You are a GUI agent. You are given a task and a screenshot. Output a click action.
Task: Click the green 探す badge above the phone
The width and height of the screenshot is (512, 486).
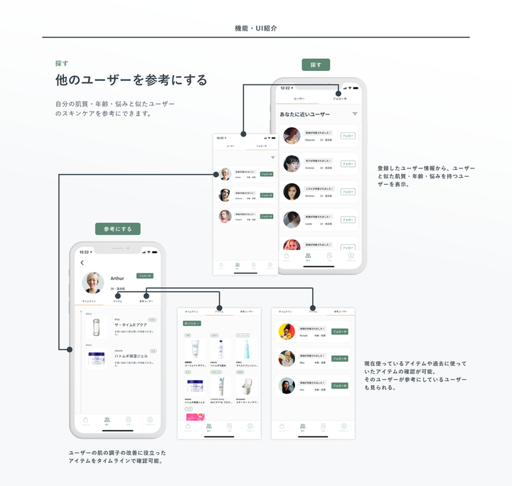pos(316,65)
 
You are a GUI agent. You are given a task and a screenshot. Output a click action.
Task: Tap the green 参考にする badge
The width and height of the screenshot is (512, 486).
pos(118,229)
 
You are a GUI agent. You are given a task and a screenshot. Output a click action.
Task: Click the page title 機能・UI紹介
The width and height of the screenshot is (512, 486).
pos(256,28)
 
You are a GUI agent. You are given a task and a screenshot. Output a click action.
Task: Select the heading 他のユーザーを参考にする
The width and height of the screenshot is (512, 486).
pos(132,80)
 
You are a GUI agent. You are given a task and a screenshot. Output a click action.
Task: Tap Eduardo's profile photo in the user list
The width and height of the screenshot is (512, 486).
pos(292,136)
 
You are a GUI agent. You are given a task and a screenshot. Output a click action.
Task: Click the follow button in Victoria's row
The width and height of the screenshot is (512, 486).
pos(348,163)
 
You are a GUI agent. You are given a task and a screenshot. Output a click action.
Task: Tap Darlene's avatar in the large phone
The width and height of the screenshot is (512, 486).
pos(292,192)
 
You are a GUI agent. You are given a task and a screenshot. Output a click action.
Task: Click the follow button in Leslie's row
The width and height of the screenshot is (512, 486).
pos(348,220)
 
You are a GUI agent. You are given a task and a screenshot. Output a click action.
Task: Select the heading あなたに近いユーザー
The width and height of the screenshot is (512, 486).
pos(305,114)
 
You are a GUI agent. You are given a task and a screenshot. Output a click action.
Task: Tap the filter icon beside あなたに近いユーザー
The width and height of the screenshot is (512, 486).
pos(355,114)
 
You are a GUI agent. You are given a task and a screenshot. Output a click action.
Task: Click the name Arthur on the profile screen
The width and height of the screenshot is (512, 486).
pos(118,279)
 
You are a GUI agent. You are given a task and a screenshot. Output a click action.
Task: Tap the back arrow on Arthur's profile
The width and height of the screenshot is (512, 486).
pos(82,263)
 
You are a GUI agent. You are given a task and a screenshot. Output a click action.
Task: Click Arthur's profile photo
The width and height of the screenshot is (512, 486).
pos(93,282)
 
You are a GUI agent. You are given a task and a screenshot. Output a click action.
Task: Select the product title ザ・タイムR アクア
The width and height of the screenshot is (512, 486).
pos(129,324)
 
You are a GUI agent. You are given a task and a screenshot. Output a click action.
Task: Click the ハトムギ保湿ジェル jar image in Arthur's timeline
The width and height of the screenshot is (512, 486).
pos(97,360)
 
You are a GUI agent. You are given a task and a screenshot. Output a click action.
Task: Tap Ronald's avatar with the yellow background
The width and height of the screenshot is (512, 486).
pos(287,331)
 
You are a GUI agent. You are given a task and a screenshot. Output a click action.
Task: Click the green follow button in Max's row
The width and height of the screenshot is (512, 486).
pos(340,359)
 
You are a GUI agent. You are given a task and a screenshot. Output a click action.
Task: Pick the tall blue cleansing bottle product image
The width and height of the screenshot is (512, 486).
pos(243,349)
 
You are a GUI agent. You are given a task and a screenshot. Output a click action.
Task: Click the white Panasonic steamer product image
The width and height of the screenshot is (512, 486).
pos(243,385)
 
